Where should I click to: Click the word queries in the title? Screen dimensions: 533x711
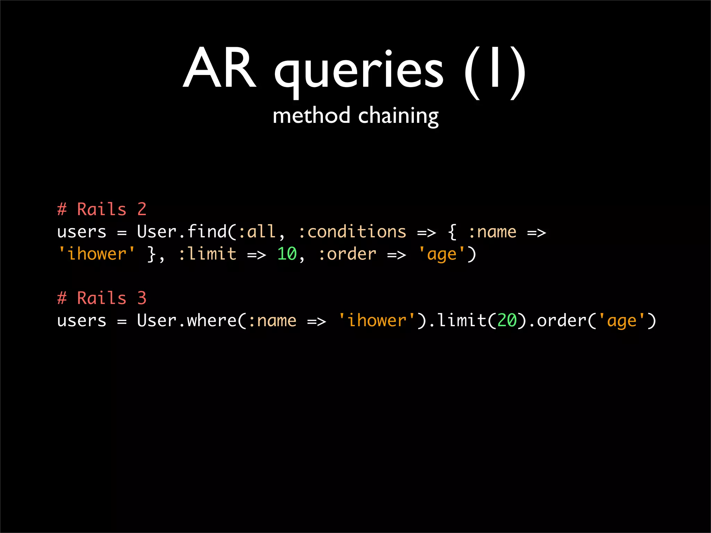click(x=359, y=71)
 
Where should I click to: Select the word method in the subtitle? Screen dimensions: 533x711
click(x=311, y=116)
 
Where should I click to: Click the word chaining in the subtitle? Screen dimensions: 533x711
click(x=398, y=116)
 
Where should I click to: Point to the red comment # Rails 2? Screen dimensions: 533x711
click(x=102, y=209)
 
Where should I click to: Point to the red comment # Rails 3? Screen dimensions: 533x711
click(x=102, y=298)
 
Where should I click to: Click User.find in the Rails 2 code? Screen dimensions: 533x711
click(x=182, y=232)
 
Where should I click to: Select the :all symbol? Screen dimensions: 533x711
click(x=257, y=232)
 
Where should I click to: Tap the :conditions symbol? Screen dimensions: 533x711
click(x=352, y=232)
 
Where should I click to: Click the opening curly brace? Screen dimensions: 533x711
click(x=452, y=232)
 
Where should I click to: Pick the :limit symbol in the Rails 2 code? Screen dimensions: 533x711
click(x=207, y=254)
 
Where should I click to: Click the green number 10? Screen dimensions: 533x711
click(x=287, y=254)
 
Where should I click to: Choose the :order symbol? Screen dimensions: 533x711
click(x=347, y=254)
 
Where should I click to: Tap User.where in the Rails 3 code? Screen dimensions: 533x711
click(x=186, y=321)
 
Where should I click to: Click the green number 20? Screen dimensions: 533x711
click(x=507, y=321)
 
